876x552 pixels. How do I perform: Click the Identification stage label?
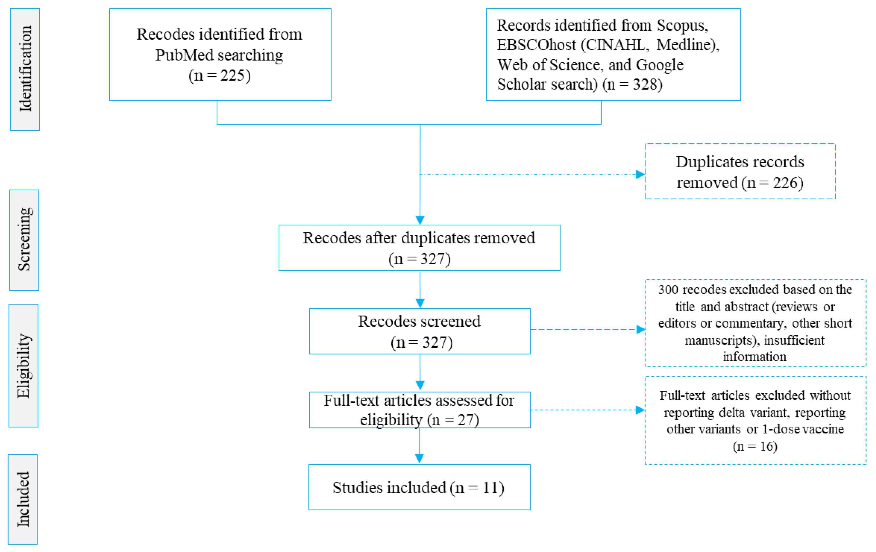[25, 69]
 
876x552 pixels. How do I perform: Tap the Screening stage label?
[24, 240]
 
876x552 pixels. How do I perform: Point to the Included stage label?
[22, 499]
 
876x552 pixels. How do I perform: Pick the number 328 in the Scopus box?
[647, 84]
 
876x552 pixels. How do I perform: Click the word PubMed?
[184, 55]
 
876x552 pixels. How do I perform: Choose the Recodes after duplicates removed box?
[419, 248]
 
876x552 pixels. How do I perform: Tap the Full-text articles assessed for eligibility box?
[419, 409]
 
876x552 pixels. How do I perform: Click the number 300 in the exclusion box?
[668, 290]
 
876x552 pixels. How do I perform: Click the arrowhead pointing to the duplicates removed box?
[640, 174]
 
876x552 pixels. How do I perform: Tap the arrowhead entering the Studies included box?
[419, 459]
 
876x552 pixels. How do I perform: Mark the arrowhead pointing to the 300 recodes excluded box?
[641, 329]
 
